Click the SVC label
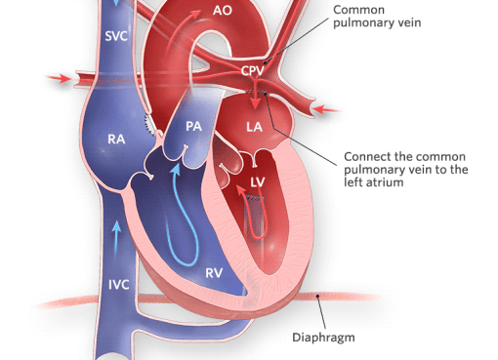(116, 36)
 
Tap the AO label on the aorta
(223, 11)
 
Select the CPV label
(253, 70)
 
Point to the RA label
(116, 140)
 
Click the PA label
(193, 126)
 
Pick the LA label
(254, 127)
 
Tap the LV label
(258, 182)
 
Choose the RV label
(214, 273)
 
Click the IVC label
(118, 285)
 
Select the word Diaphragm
(323, 338)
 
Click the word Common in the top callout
(358, 10)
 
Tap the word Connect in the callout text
(367, 157)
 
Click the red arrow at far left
(58, 78)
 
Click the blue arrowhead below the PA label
(176, 170)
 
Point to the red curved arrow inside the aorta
(183, 27)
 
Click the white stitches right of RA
(149, 125)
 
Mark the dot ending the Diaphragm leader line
(317, 296)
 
